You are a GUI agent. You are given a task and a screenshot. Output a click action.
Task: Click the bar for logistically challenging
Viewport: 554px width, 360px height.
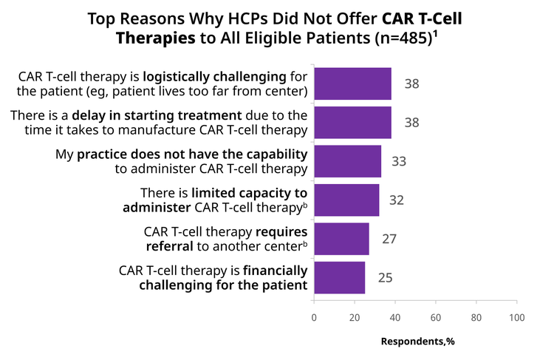click(352, 84)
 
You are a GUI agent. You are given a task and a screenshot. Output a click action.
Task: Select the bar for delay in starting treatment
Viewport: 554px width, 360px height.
click(352, 123)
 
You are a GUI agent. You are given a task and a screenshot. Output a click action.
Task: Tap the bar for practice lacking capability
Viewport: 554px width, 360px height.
click(348, 161)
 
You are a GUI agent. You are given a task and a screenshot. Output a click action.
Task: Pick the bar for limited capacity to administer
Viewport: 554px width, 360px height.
click(346, 200)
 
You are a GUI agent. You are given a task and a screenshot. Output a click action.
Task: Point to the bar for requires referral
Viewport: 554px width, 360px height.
click(342, 239)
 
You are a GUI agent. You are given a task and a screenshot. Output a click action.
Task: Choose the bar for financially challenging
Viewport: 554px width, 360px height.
click(340, 278)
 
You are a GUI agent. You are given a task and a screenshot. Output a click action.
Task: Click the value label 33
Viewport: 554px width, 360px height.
click(399, 161)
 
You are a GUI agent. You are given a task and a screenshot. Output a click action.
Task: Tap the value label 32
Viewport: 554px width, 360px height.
click(397, 200)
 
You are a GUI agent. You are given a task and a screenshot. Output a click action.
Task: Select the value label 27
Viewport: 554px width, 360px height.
click(389, 239)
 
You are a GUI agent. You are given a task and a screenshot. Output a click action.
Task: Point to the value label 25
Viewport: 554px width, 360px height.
click(385, 278)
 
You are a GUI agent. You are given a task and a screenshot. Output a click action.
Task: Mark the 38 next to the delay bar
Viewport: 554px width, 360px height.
click(411, 123)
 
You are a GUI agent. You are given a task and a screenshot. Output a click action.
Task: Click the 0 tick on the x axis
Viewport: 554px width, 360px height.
click(314, 318)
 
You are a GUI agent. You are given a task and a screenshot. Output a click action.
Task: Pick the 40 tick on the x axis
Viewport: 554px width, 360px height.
click(395, 318)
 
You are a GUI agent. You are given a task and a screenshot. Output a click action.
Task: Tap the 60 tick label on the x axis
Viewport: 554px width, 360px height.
click(436, 318)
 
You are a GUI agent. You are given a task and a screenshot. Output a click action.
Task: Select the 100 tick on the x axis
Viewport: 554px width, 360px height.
click(517, 318)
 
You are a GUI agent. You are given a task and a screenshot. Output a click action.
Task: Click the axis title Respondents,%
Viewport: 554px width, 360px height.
click(417, 342)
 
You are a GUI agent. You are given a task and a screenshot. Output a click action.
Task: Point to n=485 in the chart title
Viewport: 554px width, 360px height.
click(404, 38)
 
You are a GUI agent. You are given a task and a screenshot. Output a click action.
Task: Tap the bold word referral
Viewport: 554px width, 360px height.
click(170, 246)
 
